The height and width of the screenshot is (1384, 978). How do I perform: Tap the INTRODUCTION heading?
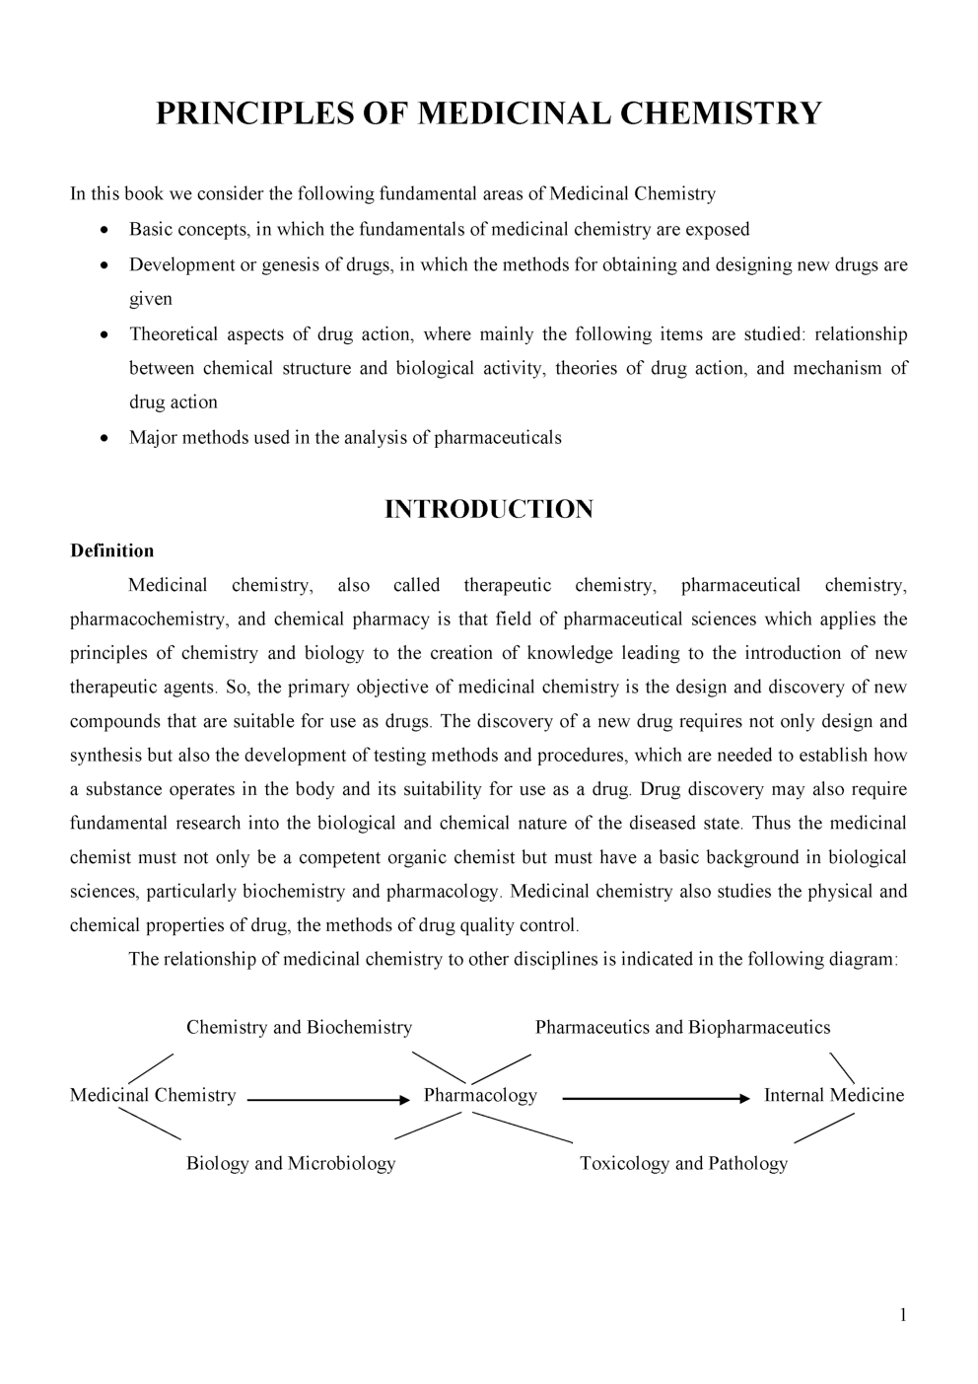(488, 509)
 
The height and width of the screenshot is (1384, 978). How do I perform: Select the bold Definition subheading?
(111, 550)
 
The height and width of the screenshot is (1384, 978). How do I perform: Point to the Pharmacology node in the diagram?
(480, 1095)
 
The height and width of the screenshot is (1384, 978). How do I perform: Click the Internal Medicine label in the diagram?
(833, 1095)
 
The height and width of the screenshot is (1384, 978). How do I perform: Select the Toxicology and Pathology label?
(683, 1163)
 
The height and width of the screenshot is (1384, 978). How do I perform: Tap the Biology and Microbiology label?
(291, 1163)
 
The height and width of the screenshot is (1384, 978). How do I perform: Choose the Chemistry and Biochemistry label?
(299, 1027)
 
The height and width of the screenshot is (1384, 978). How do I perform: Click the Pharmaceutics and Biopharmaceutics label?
(682, 1027)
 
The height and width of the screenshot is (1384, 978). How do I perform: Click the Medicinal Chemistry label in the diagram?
(153, 1095)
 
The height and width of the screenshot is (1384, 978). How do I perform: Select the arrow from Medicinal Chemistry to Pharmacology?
(325, 1098)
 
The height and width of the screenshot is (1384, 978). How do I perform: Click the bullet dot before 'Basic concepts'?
(105, 231)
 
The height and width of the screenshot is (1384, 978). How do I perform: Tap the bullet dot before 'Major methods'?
(105, 439)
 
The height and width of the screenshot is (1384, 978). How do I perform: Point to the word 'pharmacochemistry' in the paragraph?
(148, 619)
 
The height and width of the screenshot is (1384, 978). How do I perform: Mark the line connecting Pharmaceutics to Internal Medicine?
(842, 1068)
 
